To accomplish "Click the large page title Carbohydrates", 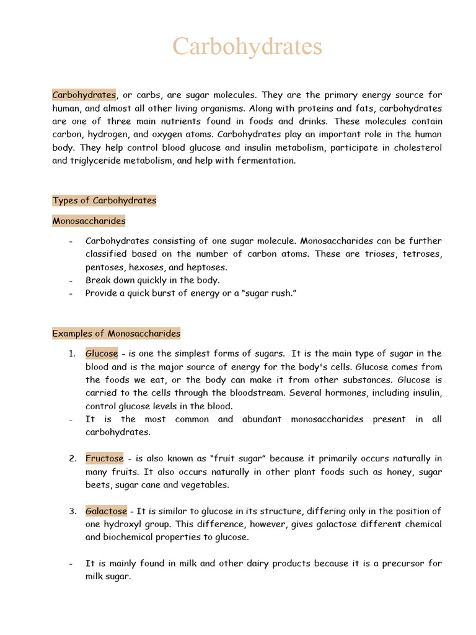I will pos(247,47).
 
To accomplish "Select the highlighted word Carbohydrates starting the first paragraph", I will pos(84,95).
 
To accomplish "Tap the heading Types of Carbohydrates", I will pos(104,200).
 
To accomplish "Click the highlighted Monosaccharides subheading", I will pos(89,221).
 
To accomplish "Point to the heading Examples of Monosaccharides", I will pos(117,334).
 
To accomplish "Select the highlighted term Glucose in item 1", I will pos(102,353).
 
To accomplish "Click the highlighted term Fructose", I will pos(105,459).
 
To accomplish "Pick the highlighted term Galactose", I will pos(106,512).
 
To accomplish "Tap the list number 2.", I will pos(73,459).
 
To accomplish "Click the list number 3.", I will pos(73,512).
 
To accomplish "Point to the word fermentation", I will pos(265,161).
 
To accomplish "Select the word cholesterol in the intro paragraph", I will pos(416,148).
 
